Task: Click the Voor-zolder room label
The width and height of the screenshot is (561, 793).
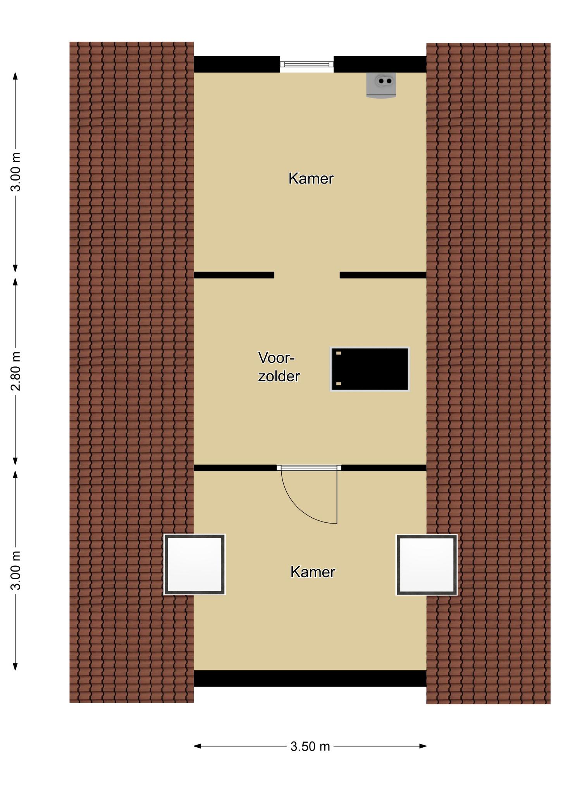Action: click(279, 367)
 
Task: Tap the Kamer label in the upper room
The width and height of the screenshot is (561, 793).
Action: click(311, 179)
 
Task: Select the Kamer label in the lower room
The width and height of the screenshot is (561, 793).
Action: click(313, 572)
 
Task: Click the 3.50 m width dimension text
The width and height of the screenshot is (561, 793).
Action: click(310, 746)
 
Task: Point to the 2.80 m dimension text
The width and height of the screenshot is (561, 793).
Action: click(16, 371)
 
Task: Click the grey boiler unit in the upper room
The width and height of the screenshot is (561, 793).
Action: click(381, 85)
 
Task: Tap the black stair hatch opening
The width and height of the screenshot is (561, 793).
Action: click(370, 369)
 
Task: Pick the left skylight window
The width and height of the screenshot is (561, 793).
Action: click(194, 565)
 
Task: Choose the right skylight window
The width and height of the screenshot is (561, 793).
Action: click(427, 565)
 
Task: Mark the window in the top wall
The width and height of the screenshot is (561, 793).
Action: click(307, 64)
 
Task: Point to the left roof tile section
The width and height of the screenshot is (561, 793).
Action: click(132, 372)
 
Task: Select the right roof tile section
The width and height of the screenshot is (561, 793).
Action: click(489, 373)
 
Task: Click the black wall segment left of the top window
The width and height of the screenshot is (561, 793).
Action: click(237, 64)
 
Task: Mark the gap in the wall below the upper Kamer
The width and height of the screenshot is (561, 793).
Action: click(307, 275)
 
